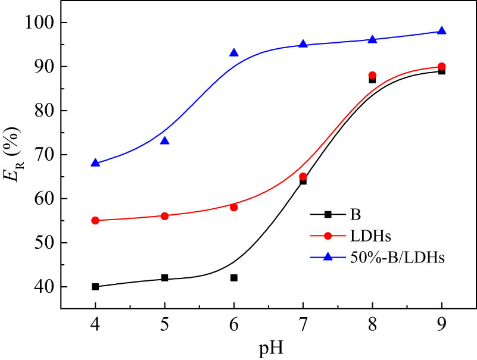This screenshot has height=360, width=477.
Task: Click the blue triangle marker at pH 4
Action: [95, 162]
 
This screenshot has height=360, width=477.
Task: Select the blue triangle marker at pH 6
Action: [234, 52]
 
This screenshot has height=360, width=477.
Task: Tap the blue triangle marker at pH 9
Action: [442, 30]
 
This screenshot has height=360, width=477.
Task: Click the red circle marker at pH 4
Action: [95, 220]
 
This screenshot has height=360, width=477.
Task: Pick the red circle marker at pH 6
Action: [234, 207]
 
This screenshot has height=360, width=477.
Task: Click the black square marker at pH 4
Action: [95, 286]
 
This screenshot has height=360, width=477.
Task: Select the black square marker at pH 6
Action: [234, 277]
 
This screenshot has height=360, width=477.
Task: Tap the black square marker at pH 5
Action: [164, 278]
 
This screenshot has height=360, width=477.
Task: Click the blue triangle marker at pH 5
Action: [164, 140]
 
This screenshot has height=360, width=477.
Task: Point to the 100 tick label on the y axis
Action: [39, 23]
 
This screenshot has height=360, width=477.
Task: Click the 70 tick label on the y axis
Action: [42, 155]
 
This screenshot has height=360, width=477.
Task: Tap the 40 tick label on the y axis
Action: [42, 287]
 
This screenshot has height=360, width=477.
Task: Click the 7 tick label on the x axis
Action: [303, 325]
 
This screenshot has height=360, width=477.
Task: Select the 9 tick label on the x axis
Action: [442, 325]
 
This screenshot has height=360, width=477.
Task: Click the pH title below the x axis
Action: [269, 348]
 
